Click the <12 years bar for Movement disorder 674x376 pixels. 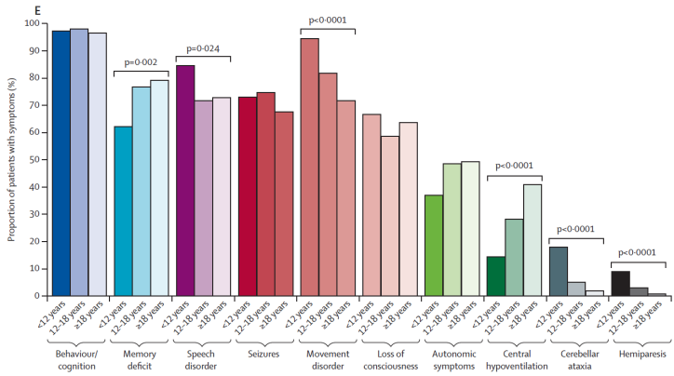tap(309, 168)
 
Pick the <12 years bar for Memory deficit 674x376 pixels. tap(123, 211)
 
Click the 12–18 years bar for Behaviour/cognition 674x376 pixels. tap(80, 162)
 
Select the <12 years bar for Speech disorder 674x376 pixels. tap(185, 181)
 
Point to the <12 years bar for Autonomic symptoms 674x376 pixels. tap(433, 246)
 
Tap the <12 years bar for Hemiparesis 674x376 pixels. tap(619, 283)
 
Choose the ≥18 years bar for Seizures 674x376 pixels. tap(283, 204)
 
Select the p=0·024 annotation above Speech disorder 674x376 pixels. tap(205, 47)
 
